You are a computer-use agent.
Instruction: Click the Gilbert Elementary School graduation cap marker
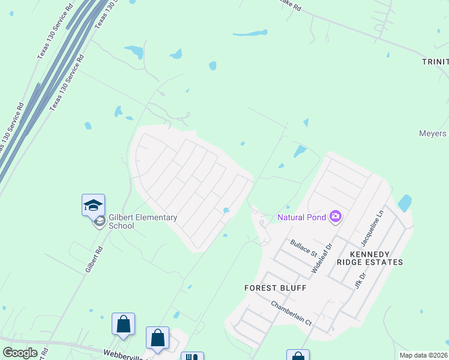click(93, 205)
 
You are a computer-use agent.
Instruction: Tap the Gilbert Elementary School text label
click(143, 221)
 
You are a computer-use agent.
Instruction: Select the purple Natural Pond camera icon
click(336, 216)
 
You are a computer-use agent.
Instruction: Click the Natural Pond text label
click(301, 217)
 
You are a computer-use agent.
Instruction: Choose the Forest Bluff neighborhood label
click(276, 288)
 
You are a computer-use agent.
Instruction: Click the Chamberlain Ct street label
click(292, 313)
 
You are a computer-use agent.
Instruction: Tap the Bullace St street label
click(303, 248)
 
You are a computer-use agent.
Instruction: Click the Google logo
click(20, 353)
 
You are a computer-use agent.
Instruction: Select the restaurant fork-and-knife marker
click(192, 357)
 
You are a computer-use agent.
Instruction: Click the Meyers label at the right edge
click(432, 133)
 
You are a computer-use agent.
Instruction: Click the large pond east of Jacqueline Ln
click(405, 203)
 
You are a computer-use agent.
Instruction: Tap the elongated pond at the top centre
click(250, 33)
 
